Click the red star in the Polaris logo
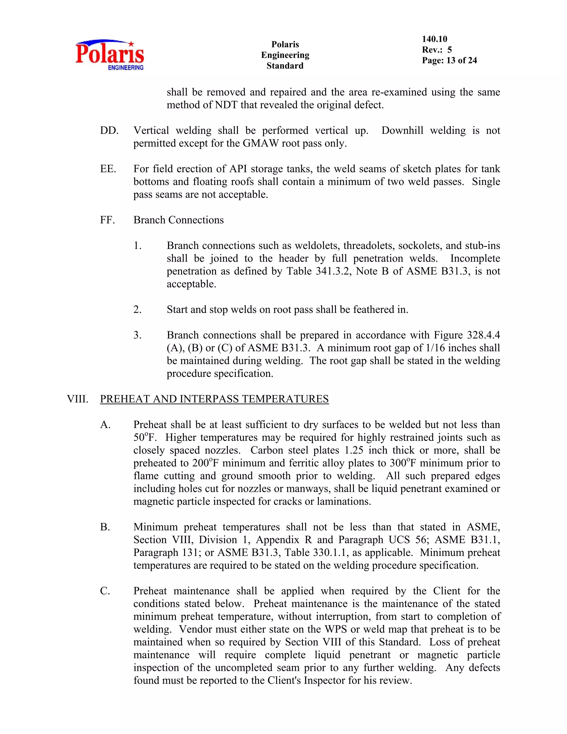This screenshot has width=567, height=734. (131, 44)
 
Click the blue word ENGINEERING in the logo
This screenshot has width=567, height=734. (126, 68)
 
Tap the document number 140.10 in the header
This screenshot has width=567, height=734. (434, 39)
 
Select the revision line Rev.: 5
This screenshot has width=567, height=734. (437, 50)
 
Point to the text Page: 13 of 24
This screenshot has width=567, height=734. (449, 60)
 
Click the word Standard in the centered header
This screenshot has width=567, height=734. (285, 66)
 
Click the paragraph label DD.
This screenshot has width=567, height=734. (109, 131)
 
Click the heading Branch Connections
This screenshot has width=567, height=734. (178, 220)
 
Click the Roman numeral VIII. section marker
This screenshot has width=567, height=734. (78, 399)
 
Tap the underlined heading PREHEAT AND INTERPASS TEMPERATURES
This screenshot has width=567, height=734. (214, 399)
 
